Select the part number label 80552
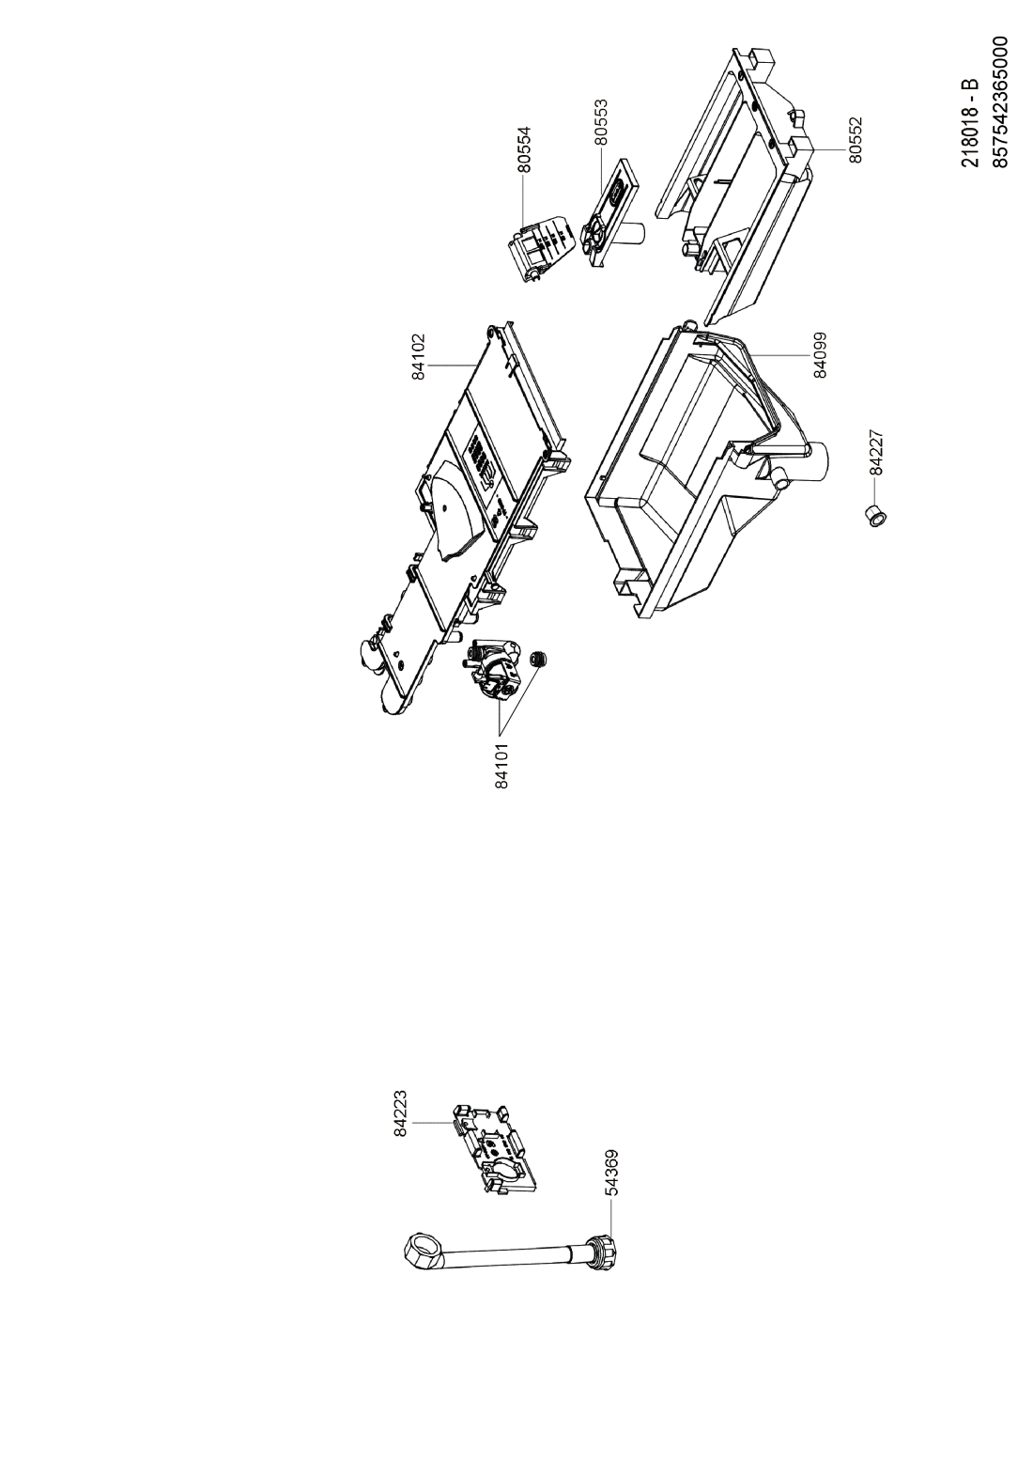[856, 140]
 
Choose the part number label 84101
[501, 765]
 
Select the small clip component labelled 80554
[541, 249]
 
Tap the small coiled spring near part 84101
[538, 660]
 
